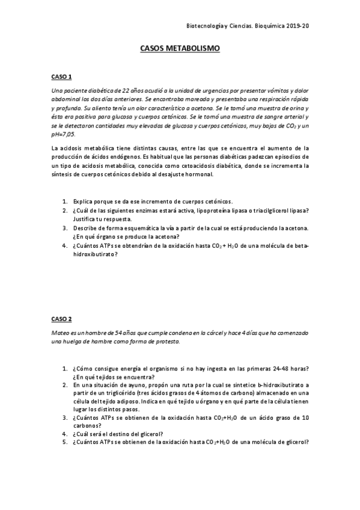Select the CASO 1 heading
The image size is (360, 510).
tap(61, 77)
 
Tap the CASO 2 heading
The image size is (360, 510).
tap(61, 318)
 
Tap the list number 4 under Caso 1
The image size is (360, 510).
tap(65, 245)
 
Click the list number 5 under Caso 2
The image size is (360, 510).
tap(65, 442)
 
